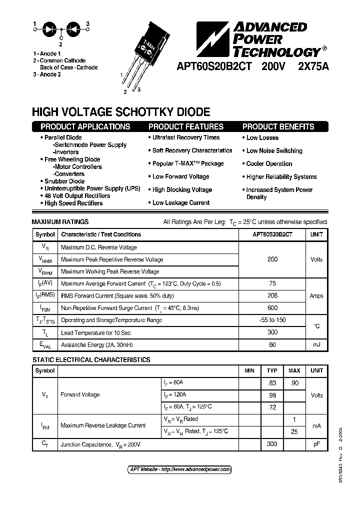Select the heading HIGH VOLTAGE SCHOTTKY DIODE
coord(121,112)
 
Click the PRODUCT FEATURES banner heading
coord(186,127)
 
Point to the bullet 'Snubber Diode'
coord(64,181)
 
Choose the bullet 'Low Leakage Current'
coord(180,202)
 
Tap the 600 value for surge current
coord(272,308)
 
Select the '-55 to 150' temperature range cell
coord(272,320)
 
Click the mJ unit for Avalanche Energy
coord(316,344)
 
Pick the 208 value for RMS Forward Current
coord(272,295)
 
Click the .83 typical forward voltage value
coord(272,382)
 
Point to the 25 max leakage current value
coord(294,431)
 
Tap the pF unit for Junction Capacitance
coord(316,444)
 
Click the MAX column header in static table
coord(294,370)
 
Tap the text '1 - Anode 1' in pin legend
coord(47,53)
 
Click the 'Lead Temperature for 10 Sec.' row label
coord(96,332)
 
